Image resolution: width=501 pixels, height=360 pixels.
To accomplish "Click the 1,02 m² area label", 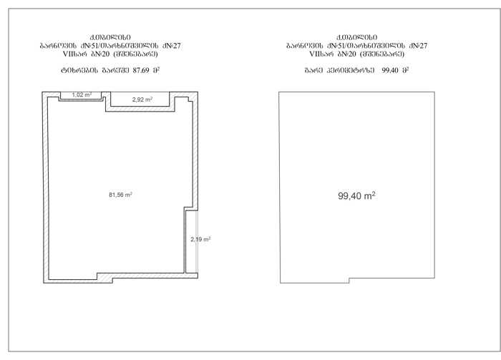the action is pos(82,95).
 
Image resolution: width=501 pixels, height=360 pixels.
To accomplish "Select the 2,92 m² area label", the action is pos(142,99).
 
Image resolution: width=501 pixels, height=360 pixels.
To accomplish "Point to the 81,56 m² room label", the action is pos(120,195).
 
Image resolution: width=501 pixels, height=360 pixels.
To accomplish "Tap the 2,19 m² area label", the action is pos(200,239).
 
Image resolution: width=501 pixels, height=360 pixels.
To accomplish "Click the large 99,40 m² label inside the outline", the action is pos(356,196).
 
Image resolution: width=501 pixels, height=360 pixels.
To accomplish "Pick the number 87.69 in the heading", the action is pos(141,71).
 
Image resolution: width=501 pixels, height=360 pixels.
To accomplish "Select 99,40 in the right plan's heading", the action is pos(390,71).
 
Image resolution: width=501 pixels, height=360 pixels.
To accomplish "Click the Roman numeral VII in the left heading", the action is pos(68,54).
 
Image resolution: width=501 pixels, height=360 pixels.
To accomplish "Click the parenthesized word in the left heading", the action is pos(135,54).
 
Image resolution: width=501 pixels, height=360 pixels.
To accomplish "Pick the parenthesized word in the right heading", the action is pos(382,54).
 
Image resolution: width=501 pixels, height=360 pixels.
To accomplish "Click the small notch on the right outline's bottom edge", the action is pos(349,281).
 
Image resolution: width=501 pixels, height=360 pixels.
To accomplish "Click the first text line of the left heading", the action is pos(110,38).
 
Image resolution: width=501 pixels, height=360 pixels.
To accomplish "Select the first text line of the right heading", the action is pos(357,38).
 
